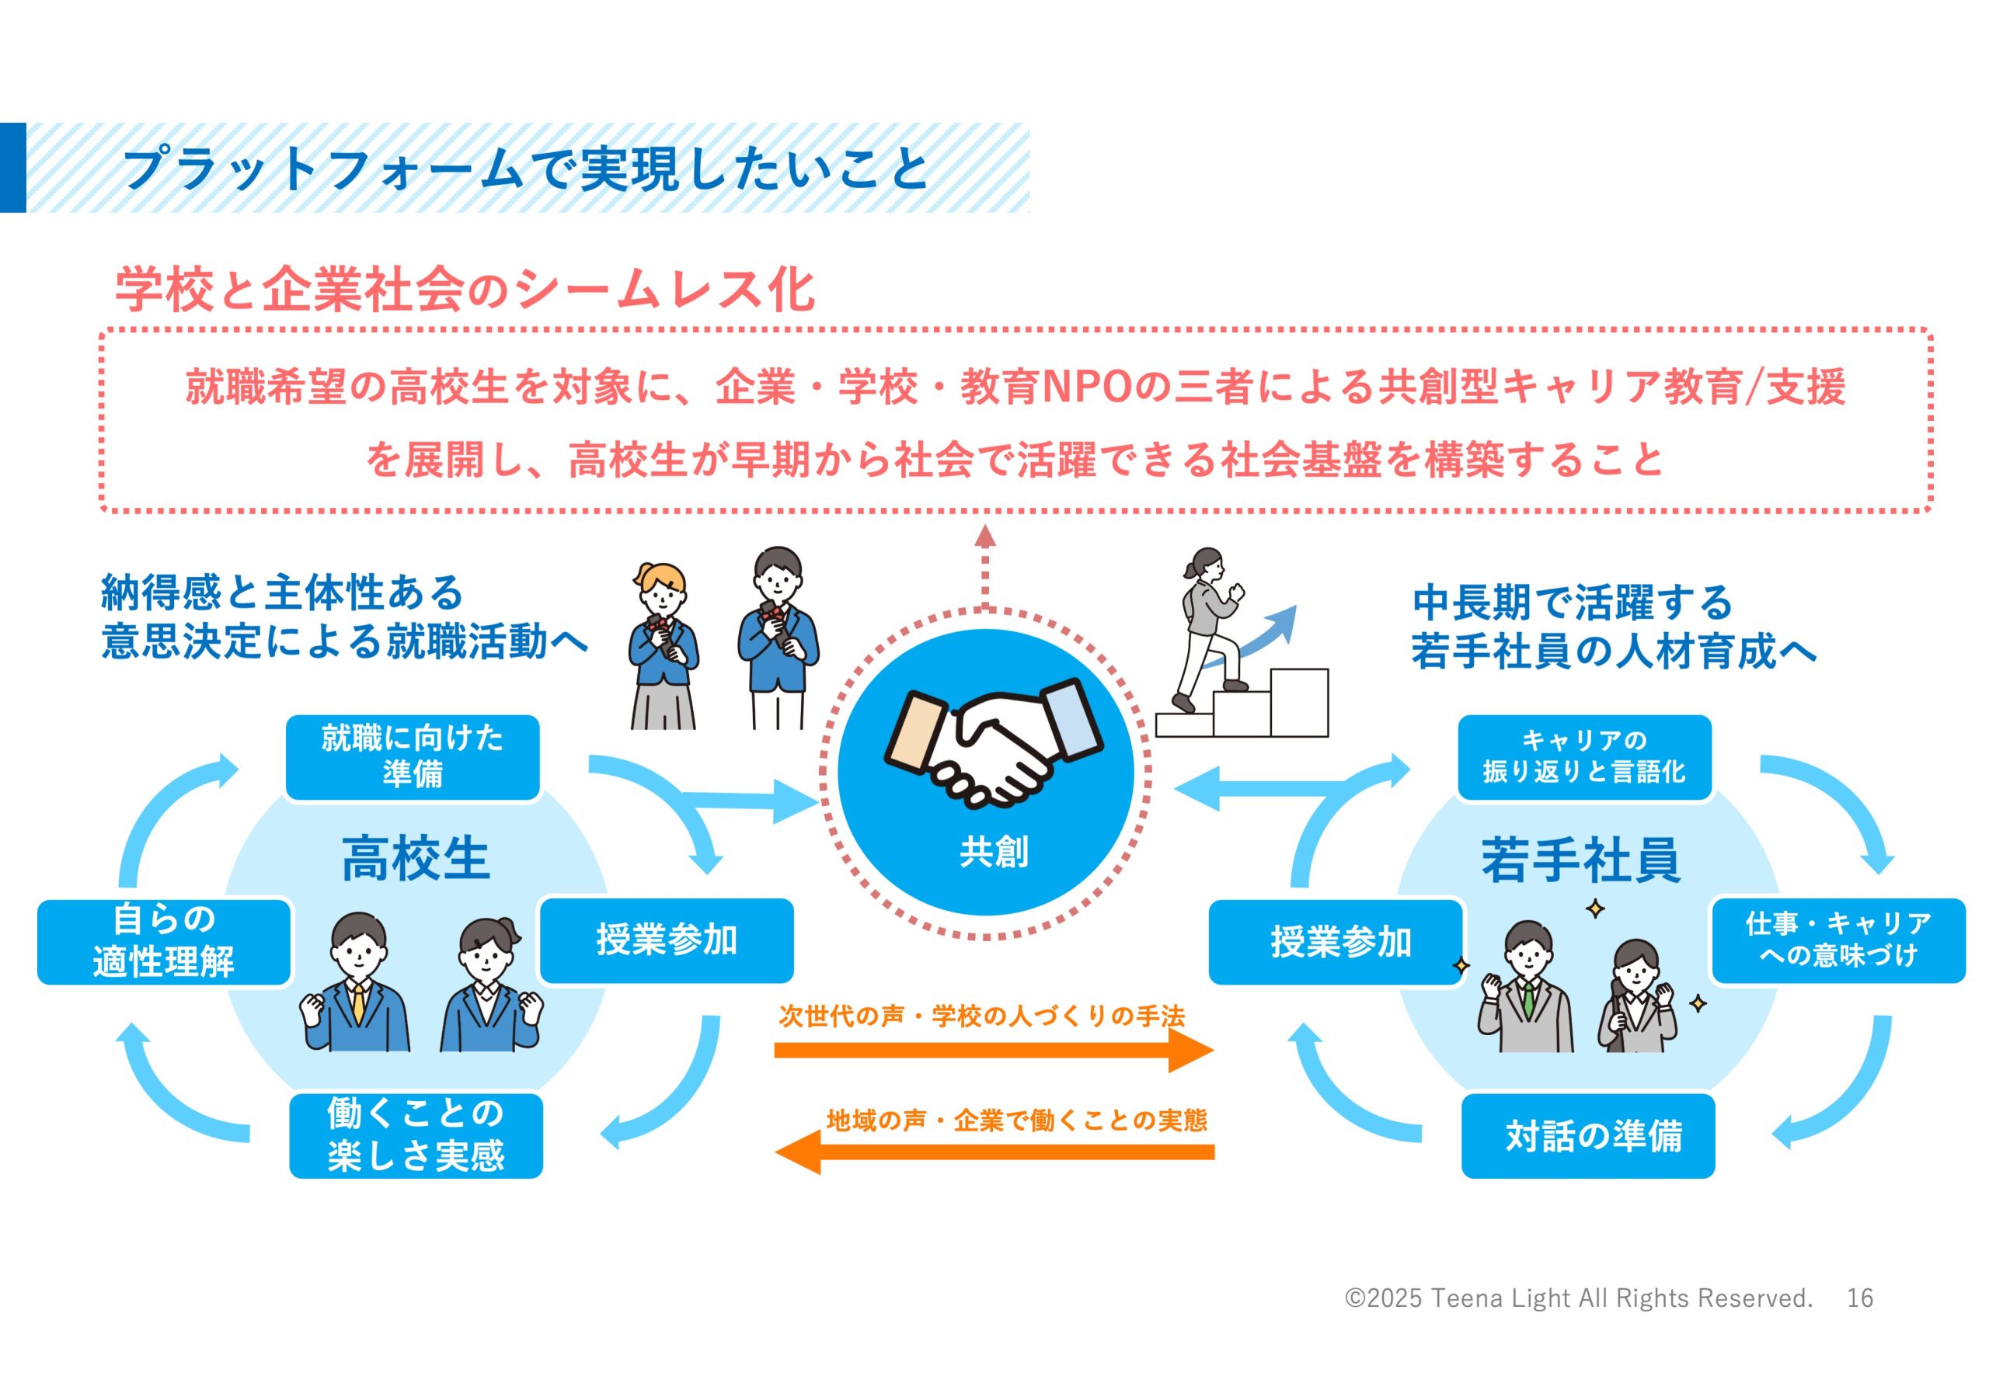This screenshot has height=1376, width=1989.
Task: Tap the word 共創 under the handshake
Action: [994, 852]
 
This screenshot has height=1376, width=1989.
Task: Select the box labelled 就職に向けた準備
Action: [413, 757]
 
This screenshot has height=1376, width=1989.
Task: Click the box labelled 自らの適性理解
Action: [164, 941]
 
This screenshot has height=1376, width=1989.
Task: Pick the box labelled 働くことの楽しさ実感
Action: [416, 1135]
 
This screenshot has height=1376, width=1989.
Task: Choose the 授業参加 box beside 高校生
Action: [666, 940]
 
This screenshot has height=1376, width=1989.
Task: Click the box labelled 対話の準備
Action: [1588, 1135]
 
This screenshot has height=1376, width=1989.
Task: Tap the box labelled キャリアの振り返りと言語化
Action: [1584, 757]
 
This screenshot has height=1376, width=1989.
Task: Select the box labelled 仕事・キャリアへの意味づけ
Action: [1838, 940]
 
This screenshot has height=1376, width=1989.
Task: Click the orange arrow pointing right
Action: [994, 1050]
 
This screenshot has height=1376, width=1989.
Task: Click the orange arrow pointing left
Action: [994, 1152]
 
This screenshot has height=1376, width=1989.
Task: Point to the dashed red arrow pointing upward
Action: [985, 569]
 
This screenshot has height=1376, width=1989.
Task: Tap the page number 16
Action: [1859, 1298]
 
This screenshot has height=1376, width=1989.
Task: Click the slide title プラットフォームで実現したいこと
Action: [526, 169]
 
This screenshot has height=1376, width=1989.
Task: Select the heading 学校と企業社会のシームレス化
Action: [465, 289]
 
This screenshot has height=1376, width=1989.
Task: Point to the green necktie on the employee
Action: [1527, 1000]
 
